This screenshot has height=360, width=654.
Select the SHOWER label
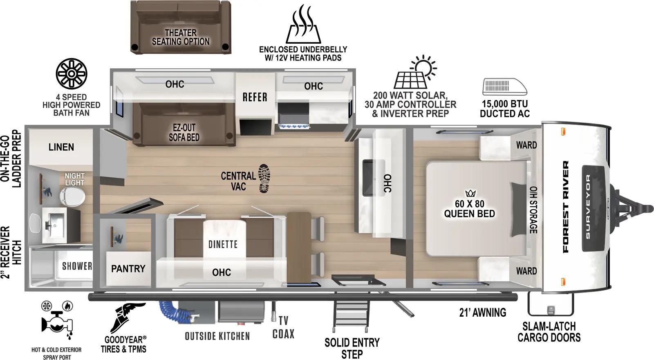76,266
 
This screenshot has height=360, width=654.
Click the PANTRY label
128,268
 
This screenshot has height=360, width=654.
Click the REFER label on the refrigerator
255,97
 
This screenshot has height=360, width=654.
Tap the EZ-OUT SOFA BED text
184,132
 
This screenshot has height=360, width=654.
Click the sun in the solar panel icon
424,66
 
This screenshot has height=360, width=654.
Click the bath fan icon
72,74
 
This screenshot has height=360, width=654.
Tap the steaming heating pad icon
303,25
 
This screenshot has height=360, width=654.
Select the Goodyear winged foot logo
127,317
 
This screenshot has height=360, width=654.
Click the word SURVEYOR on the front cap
587,207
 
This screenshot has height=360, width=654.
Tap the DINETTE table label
222,244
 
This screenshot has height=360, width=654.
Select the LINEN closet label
61,147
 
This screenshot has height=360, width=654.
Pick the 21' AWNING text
482,313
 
